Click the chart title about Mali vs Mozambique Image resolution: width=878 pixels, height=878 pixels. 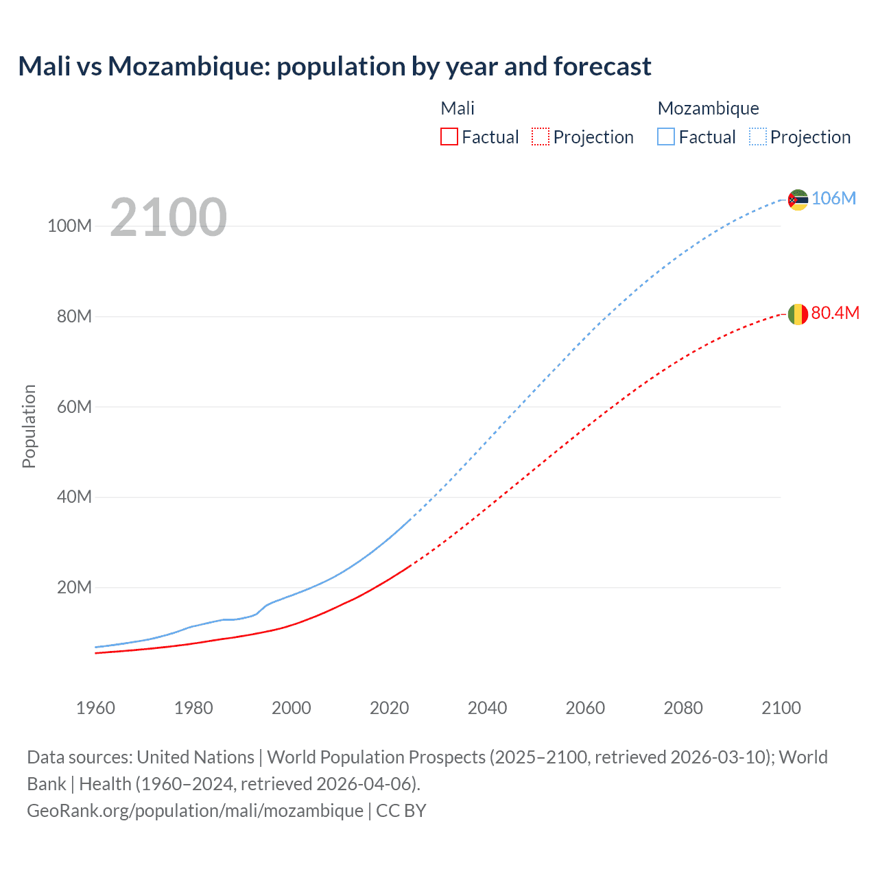coord(335,67)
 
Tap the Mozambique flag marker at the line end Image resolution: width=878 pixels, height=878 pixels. coord(798,200)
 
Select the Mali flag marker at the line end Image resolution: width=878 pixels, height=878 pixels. coord(798,314)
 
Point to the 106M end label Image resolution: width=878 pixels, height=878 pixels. coord(833,198)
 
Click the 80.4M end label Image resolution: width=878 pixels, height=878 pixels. coord(835,313)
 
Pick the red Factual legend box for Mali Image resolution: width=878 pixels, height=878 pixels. coord(449,137)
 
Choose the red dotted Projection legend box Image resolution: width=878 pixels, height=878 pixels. coord(541,137)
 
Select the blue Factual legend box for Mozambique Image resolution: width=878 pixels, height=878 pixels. coord(666,137)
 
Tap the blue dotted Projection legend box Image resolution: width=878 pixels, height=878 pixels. coord(758,137)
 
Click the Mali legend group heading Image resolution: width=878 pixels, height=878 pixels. coord(458,108)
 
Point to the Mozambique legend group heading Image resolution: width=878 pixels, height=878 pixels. coord(708,108)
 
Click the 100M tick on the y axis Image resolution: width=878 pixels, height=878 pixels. coord(69,226)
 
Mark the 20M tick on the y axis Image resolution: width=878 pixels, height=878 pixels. coord(74,587)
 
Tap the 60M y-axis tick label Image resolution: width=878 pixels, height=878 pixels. coord(74,407)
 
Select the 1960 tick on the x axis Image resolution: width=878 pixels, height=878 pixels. coord(95,708)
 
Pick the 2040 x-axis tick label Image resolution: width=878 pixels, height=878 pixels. coord(487,708)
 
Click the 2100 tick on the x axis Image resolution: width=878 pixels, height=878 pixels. coord(781,708)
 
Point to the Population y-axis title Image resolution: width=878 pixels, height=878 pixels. coord(29,426)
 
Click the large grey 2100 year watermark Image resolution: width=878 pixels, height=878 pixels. coord(168,217)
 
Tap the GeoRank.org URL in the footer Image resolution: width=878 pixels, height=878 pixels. coord(195,811)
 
